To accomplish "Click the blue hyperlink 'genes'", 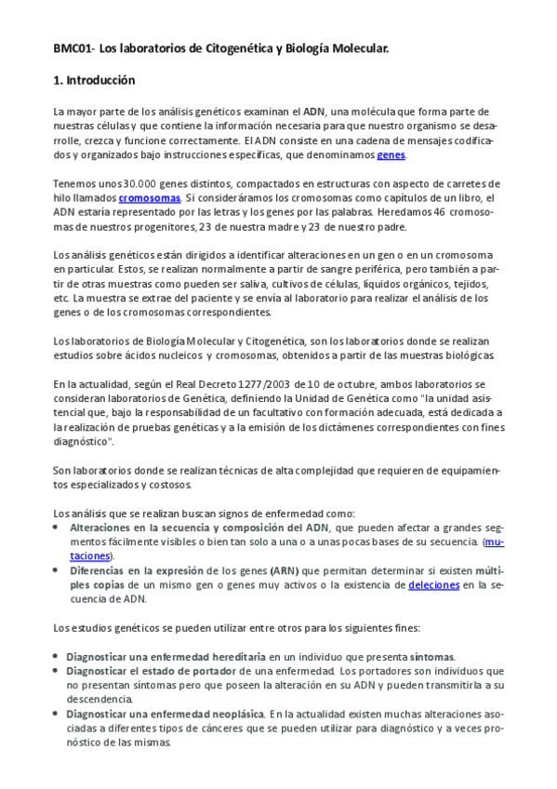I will click(x=390, y=154).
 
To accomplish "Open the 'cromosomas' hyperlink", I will click(x=150, y=198).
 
